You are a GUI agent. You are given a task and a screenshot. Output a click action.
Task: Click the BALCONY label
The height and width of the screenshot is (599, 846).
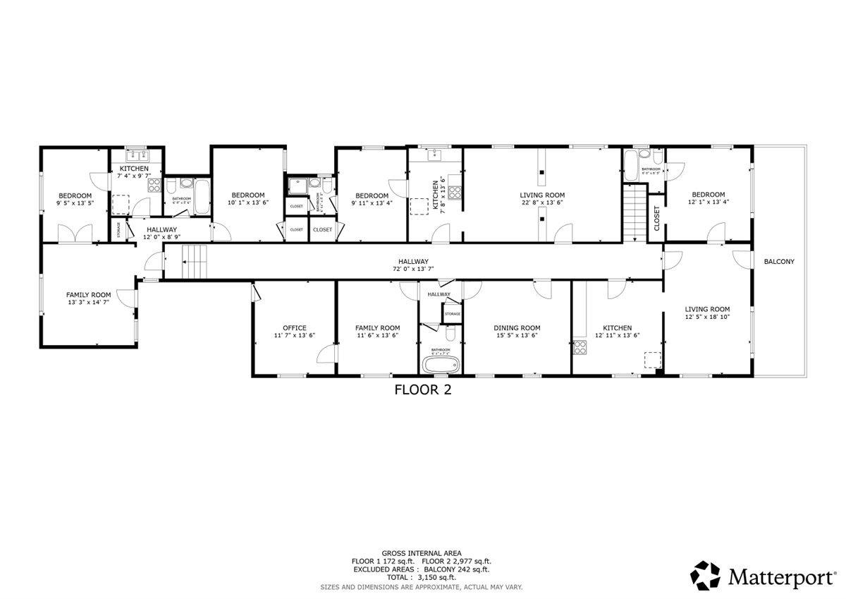point(779,262)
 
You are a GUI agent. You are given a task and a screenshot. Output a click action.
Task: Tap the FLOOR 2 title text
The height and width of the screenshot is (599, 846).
point(422,390)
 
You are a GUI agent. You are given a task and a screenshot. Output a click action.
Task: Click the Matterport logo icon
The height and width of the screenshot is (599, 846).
point(705,576)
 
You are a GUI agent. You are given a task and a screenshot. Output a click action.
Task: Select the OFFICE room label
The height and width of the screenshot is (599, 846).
point(294,328)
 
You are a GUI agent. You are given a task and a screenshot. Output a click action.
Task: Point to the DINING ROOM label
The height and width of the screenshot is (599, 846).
point(517,328)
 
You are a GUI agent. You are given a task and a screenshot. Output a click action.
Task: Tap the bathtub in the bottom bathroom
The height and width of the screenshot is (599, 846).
point(441,365)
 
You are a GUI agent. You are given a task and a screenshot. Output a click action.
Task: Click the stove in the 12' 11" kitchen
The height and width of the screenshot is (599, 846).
point(581,346)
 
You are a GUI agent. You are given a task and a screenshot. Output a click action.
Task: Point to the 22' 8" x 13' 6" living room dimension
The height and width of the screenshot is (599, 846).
point(542,203)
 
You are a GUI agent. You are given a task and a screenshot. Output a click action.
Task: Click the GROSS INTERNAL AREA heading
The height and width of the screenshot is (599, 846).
point(422,553)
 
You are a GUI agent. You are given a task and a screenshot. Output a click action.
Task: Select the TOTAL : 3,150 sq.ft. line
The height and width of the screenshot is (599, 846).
point(422,577)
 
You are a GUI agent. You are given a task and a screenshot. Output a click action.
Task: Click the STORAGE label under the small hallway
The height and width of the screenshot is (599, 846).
point(452,314)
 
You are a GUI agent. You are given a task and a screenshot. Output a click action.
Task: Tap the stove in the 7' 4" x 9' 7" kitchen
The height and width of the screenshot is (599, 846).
point(154,186)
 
